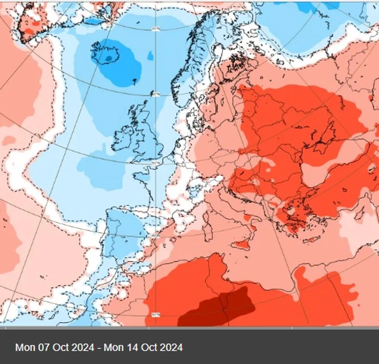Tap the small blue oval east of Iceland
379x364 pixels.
150,56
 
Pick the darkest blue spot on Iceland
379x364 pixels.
108,59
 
